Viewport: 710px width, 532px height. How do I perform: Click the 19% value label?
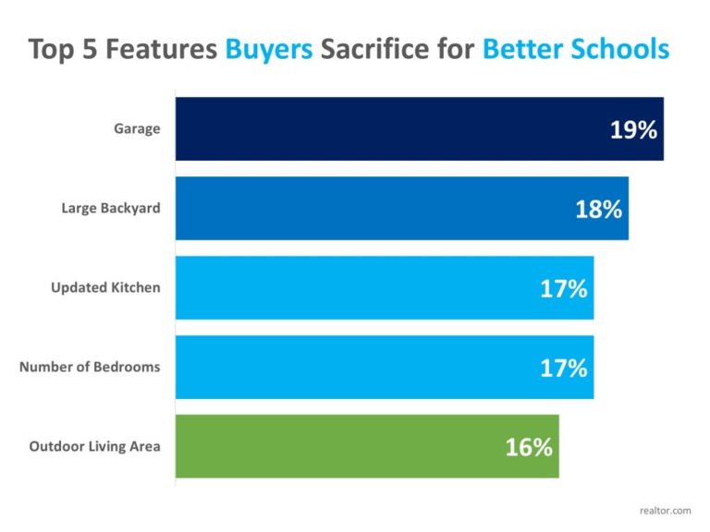633,129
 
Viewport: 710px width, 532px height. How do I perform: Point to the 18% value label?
598,209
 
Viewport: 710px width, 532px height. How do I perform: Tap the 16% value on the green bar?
528,448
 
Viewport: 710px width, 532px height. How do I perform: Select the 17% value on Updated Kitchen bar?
563,288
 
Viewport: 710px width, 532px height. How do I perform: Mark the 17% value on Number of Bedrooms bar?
563,368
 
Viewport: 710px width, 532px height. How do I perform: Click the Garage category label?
137,128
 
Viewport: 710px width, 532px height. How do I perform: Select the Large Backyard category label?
111,208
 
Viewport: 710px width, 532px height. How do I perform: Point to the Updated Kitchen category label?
105,287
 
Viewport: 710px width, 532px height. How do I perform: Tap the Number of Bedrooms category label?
90,367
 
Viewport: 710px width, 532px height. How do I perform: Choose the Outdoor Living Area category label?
94,446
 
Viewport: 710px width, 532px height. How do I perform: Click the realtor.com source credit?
665,509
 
